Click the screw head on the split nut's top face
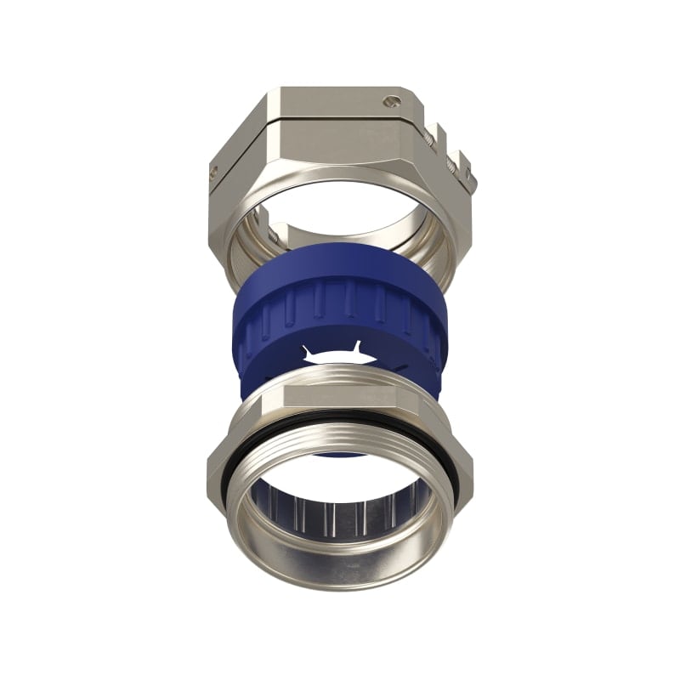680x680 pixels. [390, 101]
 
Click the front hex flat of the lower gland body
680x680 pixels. [340, 399]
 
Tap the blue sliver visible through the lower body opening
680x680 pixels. [340, 453]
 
